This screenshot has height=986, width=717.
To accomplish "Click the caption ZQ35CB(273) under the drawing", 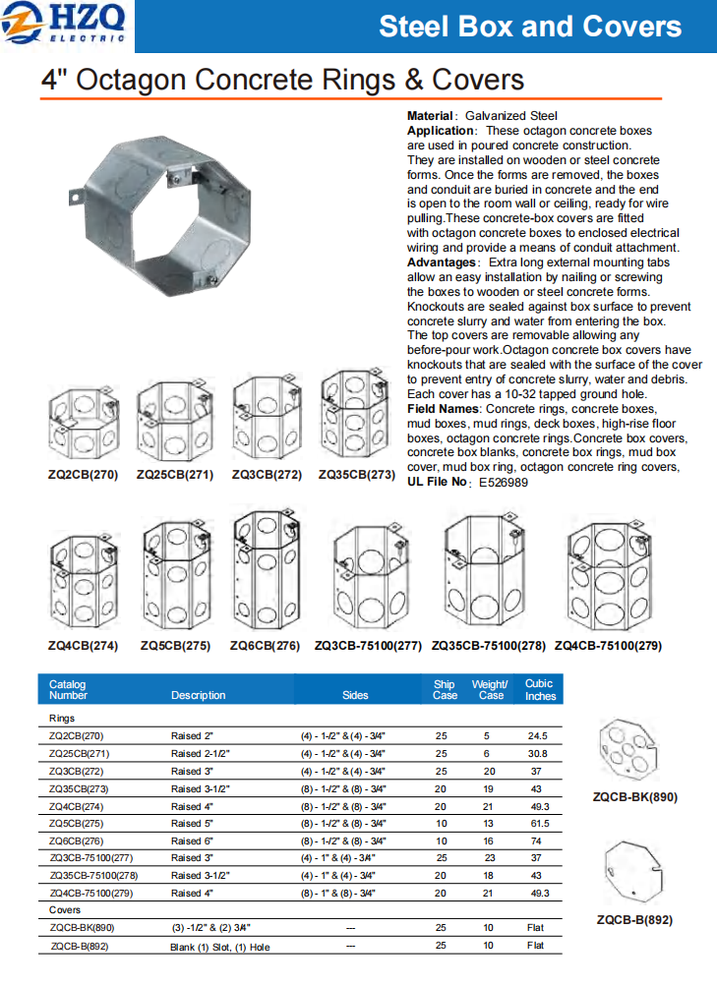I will (356, 474).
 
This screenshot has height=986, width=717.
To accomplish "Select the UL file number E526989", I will (504, 483).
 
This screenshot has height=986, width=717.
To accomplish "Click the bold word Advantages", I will (441, 262).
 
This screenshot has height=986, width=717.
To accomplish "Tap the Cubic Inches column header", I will (539, 689).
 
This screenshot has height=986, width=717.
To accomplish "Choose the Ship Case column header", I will (445, 689).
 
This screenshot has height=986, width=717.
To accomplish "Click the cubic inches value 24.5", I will (537, 735).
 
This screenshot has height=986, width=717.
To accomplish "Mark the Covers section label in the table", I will (65, 911).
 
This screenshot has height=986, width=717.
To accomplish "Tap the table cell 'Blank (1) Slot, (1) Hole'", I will (220, 947).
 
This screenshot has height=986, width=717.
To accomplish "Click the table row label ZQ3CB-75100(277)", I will (93, 858).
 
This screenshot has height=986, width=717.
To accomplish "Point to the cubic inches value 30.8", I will (537, 753).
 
